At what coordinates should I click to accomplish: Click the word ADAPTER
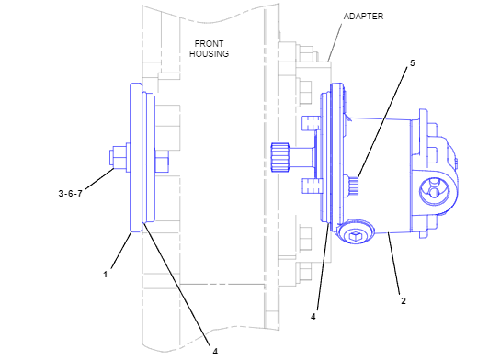pos(363,17)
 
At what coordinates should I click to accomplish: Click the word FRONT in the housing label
pos(209,44)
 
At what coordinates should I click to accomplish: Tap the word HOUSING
pos(209,54)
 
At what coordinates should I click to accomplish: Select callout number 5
pos(413,63)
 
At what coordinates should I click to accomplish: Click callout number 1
pos(106,275)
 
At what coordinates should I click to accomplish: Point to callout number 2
pos(404,301)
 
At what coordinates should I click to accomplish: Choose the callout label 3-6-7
pos(70,194)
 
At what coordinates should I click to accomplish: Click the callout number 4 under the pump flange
pos(313,316)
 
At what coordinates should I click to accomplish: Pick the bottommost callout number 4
pos(215,352)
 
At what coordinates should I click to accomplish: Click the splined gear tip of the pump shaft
pos(279,157)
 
